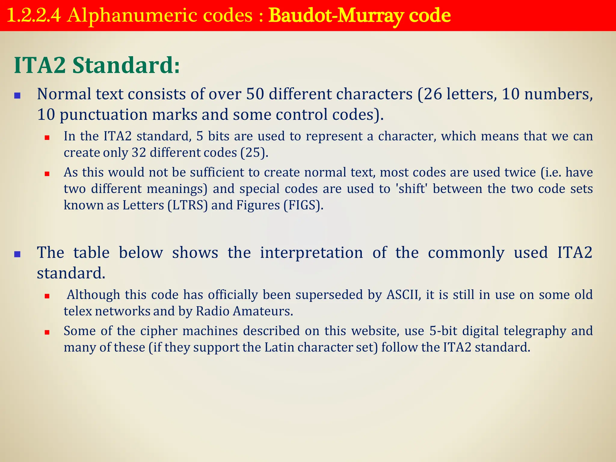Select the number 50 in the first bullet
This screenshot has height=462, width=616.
(x=255, y=94)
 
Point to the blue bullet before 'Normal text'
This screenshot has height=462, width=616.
(x=17, y=96)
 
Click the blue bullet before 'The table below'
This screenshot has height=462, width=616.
(x=17, y=254)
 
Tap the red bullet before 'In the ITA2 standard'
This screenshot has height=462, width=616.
(x=47, y=138)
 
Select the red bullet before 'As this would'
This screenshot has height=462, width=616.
(x=47, y=174)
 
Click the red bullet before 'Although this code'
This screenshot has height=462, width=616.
(x=47, y=296)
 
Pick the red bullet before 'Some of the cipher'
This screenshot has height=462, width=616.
(x=47, y=332)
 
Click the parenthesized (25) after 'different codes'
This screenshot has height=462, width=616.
(x=254, y=153)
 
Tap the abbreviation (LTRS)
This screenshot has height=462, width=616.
(x=188, y=205)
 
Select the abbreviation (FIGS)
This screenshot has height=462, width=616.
(x=303, y=205)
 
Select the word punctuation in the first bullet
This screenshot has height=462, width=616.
(x=103, y=115)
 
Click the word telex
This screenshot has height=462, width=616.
(x=78, y=311)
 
